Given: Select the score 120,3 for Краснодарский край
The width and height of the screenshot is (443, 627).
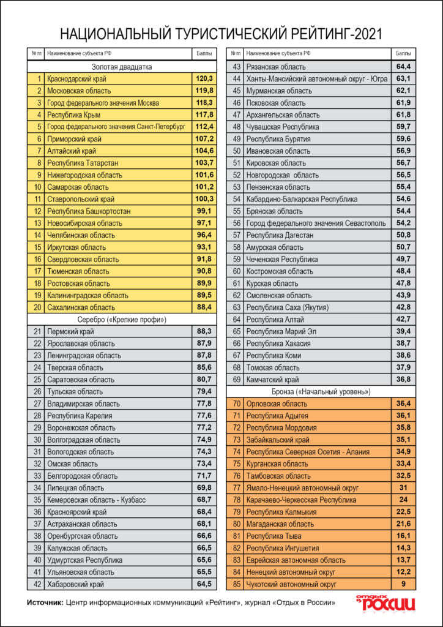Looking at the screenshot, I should click(x=204, y=79).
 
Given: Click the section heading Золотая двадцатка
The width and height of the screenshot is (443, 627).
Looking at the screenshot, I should click(x=122, y=67).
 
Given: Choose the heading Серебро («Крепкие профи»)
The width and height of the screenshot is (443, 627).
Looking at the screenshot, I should click(x=122, y=320).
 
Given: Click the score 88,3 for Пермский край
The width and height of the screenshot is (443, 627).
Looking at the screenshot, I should click(x=204, y=331).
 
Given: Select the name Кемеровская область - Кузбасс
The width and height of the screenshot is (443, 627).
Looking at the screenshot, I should click(x=96, y=500).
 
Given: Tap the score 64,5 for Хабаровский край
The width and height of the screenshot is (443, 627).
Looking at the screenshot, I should click(x=204, y=584).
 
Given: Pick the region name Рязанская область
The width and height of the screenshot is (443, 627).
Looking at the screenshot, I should click(x=275, y=67).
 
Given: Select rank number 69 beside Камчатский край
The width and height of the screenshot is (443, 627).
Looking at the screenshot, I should click(x=236, y=380).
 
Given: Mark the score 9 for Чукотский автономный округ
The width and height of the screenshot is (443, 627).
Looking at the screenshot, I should click(x=403, y=584).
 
